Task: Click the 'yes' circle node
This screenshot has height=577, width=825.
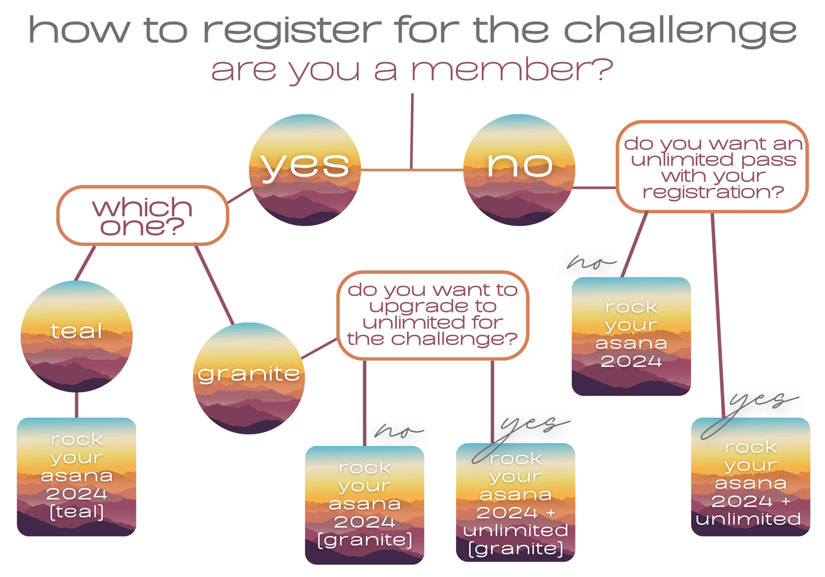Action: (305, 170)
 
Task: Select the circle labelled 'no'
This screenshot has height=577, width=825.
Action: (519, 170)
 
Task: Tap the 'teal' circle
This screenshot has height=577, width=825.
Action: (77, 336)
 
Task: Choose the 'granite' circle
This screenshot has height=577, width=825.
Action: (248, 378)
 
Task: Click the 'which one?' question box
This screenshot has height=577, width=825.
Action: (143, 216)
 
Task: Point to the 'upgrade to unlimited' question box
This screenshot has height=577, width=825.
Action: (433, 315)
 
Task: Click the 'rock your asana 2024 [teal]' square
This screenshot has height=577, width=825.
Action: (77, 476)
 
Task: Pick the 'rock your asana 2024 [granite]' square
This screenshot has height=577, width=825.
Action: (364, 504)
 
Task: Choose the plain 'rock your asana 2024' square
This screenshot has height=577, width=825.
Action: (631, 336)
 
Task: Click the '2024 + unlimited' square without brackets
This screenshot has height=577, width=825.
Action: (750, 476)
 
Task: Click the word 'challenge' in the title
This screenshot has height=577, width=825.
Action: (680, 31)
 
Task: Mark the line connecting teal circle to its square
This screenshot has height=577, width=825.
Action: (77, 405)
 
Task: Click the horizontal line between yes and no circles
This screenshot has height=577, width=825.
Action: (412, 170)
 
